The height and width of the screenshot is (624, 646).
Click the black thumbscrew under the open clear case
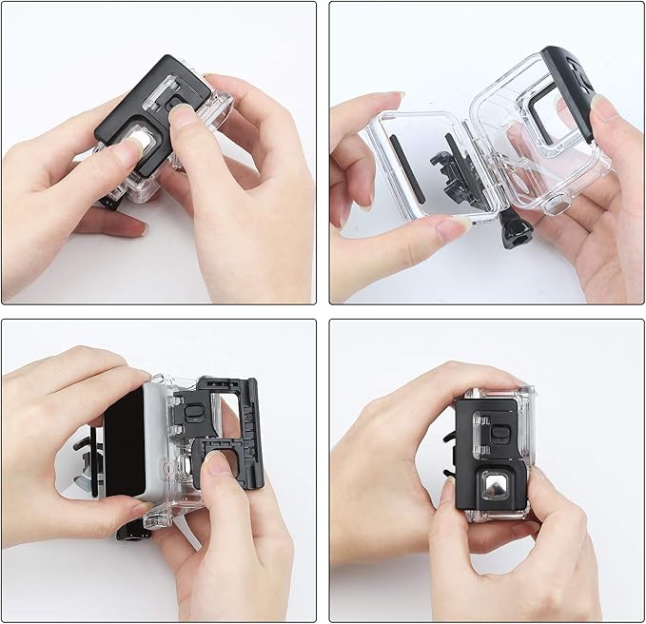pyautogui.click(x=515, y=230)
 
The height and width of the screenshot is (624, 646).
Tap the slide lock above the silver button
pyautogui.click(x=497, y=433)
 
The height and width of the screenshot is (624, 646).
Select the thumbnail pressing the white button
pyautogui.click(x=128, y=152)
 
